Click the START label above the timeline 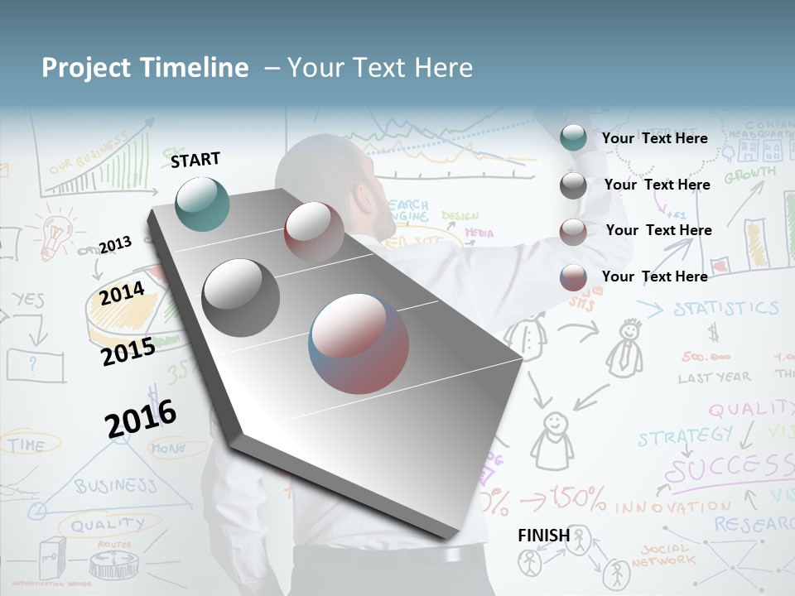coord(195,160)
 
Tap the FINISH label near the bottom coord(543,536)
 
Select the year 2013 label coord(115,244)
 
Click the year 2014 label coord(122,294)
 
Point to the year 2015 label coord(128,352)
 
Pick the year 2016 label coord(141,419)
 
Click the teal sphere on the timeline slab coord(202,203)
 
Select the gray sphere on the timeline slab coord(241,297)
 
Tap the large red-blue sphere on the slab coord(359,343)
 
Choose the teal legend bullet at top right coord(572,138)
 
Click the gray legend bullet coord(572,185)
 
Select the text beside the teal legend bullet coord(654,138)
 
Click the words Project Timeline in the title coord(145,68)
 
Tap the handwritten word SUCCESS coord(729,469)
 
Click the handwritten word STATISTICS coord(725,309)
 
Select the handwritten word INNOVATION coord(661,506)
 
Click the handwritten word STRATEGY coord(684,435)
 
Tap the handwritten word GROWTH coord(750,175)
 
